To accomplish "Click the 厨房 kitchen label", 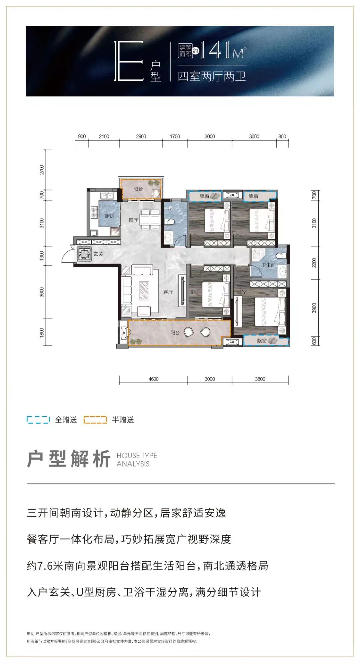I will pos(109,216).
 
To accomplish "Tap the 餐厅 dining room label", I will pos(133,220).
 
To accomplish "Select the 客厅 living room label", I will pos(168,292).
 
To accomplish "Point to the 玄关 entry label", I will pos(98,254).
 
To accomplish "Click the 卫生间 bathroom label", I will pos(268,265).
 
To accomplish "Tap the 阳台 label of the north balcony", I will pos(138,189).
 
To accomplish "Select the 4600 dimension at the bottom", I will pos(153,379).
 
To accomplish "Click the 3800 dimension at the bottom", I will pos(260,379).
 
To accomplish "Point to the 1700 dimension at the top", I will pos(175,136).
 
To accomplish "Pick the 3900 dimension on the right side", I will pos(314,308).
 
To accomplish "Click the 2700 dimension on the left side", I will pos(42,170).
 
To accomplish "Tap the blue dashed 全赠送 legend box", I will pos(38,420).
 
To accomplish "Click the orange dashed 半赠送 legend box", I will pos(95,420).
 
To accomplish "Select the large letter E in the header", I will pos(129,61).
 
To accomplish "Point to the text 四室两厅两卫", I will pos(212,76).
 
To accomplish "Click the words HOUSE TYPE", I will pos(137,456).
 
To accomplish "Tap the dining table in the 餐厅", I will pos(150,220).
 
